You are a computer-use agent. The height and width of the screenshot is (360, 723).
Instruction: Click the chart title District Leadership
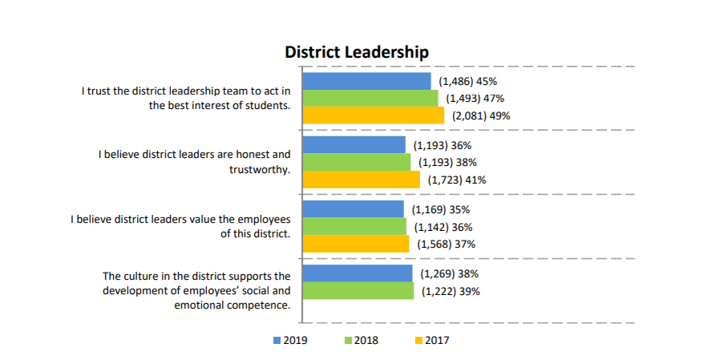point(357,52)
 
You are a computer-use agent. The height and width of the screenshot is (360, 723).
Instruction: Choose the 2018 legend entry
point(361,340)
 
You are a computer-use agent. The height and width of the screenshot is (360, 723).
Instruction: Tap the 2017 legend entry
point(433,340)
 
